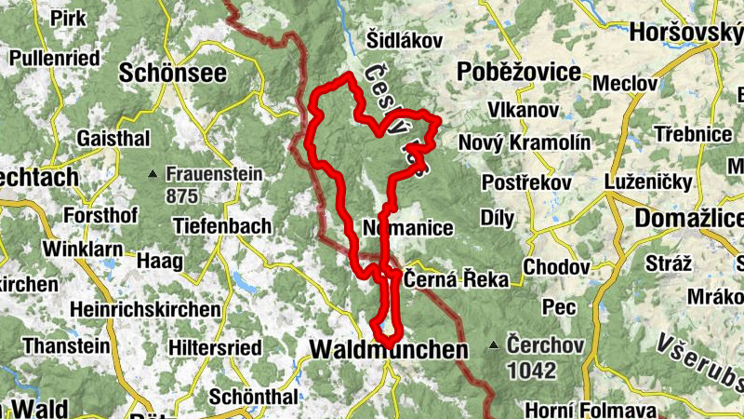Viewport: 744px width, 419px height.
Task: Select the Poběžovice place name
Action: click(519, 73)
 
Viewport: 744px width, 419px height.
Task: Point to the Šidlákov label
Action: click(405, 40)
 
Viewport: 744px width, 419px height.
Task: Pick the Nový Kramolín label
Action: click(525, 142)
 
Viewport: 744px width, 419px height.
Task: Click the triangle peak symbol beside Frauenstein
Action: click(153, 174)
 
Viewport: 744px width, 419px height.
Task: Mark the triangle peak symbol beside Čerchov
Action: click(494, 346)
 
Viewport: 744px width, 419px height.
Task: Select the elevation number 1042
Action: click(531, 370)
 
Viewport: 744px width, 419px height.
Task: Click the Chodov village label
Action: click(557, 267)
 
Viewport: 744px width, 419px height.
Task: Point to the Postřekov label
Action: click(526, 182)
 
